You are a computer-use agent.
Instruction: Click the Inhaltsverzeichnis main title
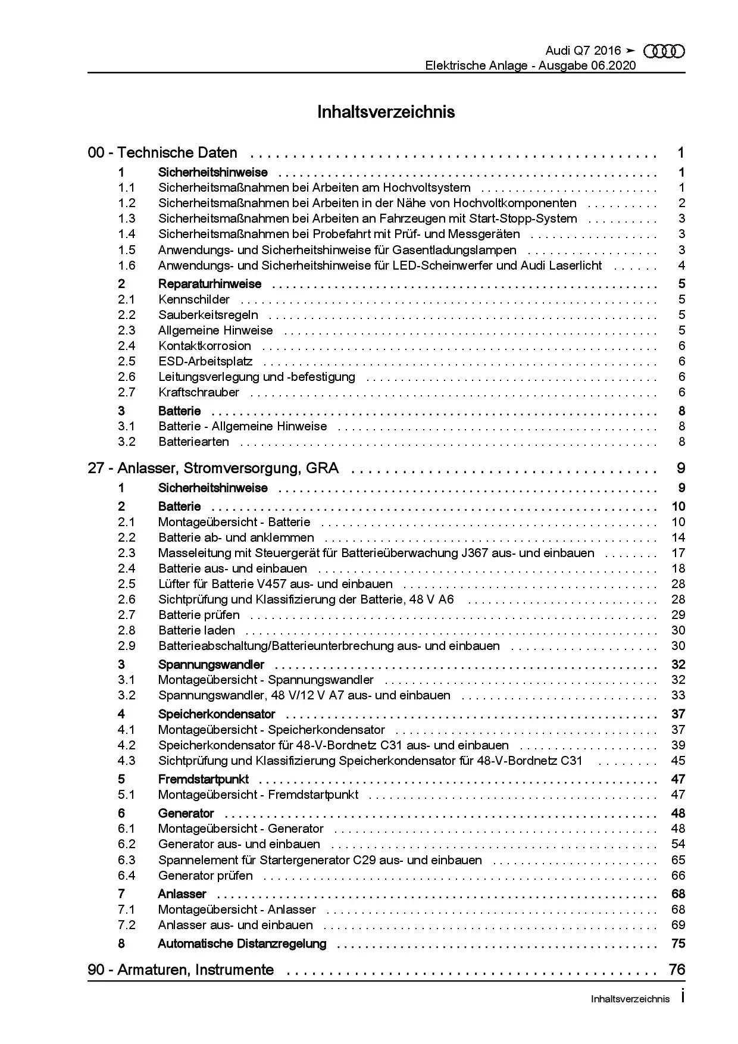pyautogui.click(x=386, y=112)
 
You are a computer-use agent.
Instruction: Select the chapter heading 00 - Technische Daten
pyautogui.click(x=162, y=153)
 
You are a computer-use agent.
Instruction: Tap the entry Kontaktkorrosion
pyautogui.click(x=204, y=346)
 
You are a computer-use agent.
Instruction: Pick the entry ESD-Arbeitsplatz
pyautogui.click(x=205, y=361)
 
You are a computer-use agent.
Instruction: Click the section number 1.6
pyautogui.click(x=126, y=265)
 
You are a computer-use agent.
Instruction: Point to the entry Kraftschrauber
pyautogui.click(x=199, y=392)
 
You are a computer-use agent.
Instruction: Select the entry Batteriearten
pyautogui.click(x=193, y=442)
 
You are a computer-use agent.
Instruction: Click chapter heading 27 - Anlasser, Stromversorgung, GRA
pyautogui.click(x=213, y=468)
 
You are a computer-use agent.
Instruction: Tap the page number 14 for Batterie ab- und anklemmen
pyautogui.click(x=678, y=537)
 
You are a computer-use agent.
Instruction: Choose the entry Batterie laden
pyautogui.click(x=196, y=630)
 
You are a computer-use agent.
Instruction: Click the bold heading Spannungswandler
pyautogui.click(x=211, y=665)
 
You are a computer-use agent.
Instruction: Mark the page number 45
pyautogui.click(x=678, y=761)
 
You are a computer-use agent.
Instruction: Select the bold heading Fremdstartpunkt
pyautogui.click(x=203, y=779)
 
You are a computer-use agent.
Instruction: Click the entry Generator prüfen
pyautogui.click(x=205, y=876)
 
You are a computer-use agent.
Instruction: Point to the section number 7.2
pyautogui.click(x=126, y=925)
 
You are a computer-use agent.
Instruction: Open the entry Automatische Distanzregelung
pyautogui.click(x=242, y=943)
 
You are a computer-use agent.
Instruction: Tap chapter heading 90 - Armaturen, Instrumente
pyautogui.click(x=181, y=970)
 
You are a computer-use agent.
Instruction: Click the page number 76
pyautogui.click(x=677, y=970)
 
